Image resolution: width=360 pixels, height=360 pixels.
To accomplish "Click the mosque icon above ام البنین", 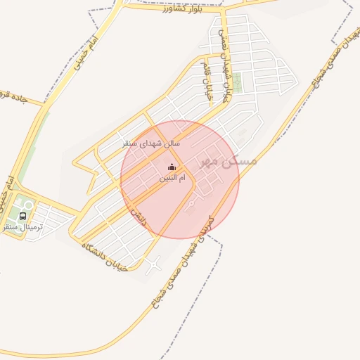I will click(x=172, y=167).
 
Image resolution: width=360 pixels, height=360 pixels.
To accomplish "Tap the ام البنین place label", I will click(x=172, y=179).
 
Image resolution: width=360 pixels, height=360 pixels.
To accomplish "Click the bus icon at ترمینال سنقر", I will click(x=23, y=216).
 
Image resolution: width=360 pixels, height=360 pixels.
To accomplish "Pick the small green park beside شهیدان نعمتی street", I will click(x=237, y=82).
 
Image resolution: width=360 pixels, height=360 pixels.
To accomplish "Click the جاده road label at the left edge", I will click(x=13, y=99).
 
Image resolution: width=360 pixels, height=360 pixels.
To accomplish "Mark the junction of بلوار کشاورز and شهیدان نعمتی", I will click(x=222, y=10).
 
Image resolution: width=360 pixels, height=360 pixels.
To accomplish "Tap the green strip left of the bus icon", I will click(x=8, y=211).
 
